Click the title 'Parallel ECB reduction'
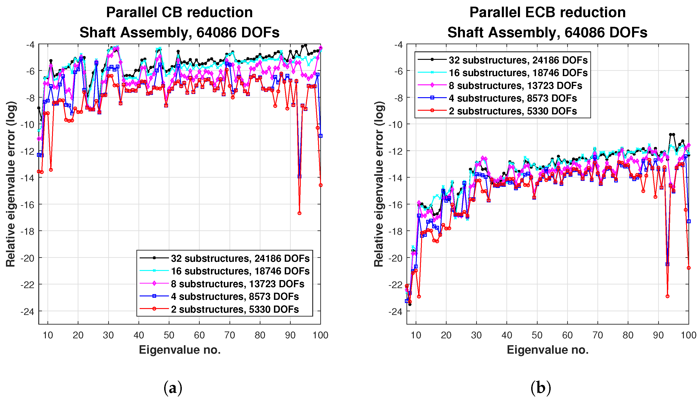(547, 12)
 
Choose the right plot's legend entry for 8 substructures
(515, 86)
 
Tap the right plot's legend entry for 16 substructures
(518, 73)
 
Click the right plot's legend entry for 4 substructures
(512, 98)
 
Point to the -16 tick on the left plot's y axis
(28, 204)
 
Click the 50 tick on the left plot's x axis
(169, 335)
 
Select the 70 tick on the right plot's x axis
(598, 335)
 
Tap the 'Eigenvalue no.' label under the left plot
(180, 350)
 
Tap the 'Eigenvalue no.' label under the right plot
(548, 350)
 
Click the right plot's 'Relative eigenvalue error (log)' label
(379, 184)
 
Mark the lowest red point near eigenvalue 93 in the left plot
(299, 213)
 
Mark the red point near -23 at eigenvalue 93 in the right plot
(667, 296)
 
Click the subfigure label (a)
(173, 388)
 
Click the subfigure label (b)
(540, 388)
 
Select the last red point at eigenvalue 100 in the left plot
(321, 185)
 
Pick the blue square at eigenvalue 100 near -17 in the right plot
(688, 221)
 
